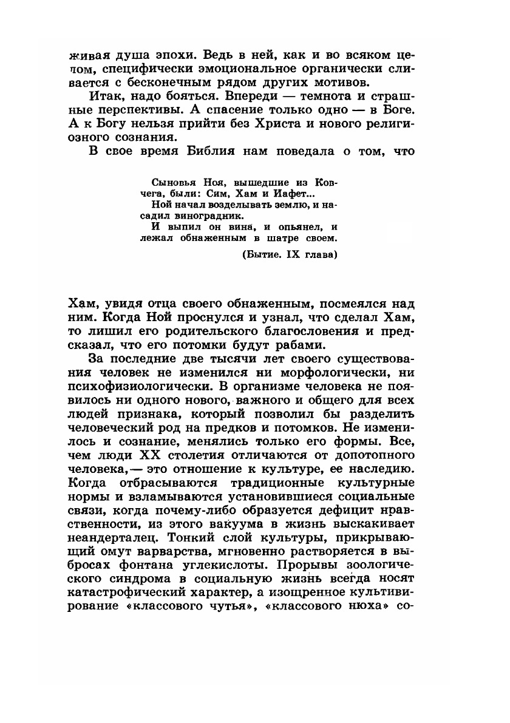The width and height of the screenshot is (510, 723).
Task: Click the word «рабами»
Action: (301, 345)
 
